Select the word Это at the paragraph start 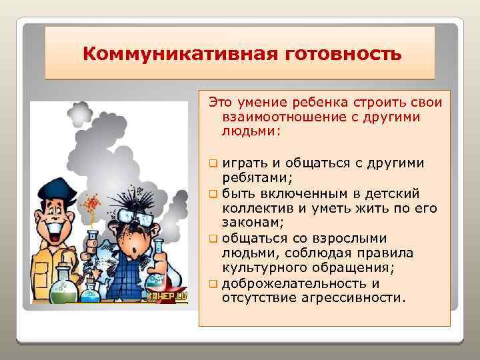(220, 102)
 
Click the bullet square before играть (213, 163)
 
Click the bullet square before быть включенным (213, 194)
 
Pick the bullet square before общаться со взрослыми (213, 239)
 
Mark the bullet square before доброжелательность (213, 285)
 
